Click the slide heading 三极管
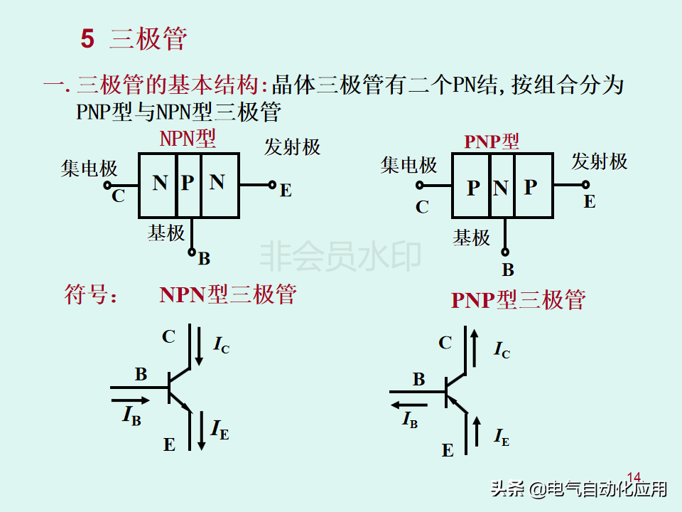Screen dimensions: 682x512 148,40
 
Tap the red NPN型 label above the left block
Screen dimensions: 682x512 188,138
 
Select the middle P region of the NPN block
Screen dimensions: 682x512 188,183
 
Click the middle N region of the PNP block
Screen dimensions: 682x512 501,188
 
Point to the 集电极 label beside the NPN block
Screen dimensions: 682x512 89,169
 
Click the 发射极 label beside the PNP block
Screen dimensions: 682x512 600,162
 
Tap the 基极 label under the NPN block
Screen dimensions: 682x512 166,233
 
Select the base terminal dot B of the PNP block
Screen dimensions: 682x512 506,251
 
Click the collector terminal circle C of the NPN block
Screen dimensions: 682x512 107,184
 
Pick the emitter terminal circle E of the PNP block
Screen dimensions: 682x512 585,185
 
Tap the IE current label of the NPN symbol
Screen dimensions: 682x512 220,429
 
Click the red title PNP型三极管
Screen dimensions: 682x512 518,300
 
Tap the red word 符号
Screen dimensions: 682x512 90,294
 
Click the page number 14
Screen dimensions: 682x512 634,476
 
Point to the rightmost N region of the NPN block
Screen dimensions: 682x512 217,183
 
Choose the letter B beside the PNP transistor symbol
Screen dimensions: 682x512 419,380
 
